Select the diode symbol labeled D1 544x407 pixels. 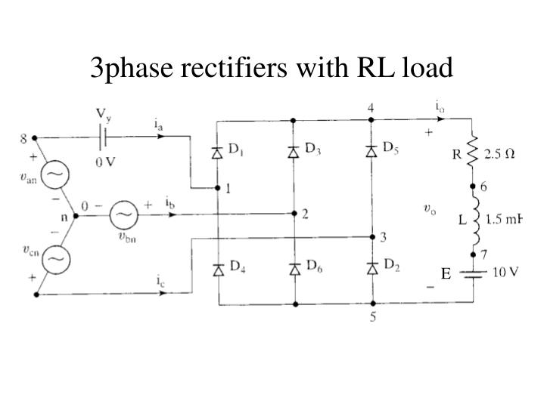click(218, 153)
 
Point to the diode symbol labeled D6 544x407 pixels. click(294, 268)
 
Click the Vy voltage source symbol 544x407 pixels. click(104, 138)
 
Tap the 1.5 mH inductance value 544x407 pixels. click(504, 220)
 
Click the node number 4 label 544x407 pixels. click(371, 107)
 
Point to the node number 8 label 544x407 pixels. click(24, 138)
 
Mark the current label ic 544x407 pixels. click(161, 282)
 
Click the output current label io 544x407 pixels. click(439, 106)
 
